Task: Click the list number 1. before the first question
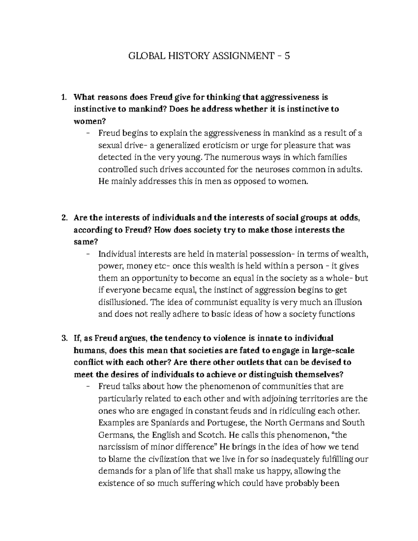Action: (64, 97)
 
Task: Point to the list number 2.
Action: (64, 218)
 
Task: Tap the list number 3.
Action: (64, 338)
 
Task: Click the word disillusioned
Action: (122, 302)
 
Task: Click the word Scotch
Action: (211, 435)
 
